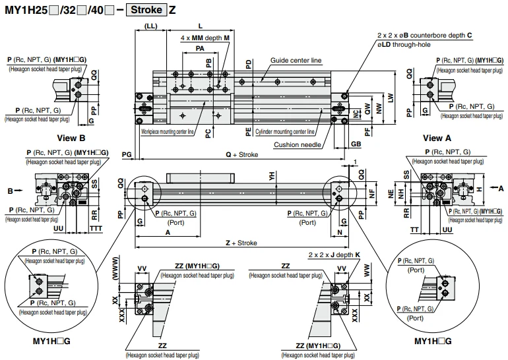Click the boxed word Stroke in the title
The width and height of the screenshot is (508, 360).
(145, 11)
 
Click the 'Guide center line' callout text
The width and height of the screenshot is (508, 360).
(296, 60)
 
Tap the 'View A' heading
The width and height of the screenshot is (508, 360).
(437, 138)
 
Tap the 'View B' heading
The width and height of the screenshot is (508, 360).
(71, 138)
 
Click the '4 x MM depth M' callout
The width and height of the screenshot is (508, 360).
(205, 39)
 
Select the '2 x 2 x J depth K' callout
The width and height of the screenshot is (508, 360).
(333, 254)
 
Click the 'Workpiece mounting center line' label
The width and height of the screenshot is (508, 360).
(167, 131)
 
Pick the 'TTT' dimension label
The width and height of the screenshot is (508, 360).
(96, 228)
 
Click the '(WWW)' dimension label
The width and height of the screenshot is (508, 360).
(117, 272)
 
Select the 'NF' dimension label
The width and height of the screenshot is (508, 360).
(371, 194)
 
